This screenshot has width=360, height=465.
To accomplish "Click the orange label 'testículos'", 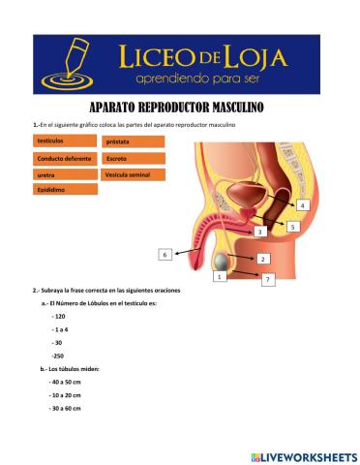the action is [65, 141].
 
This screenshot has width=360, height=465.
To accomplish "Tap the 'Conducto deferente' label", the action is [65, 158].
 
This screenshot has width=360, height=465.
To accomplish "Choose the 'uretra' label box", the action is [65, 174].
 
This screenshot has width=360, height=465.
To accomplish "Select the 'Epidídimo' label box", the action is [65, 190].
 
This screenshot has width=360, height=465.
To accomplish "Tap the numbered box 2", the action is [262, 259].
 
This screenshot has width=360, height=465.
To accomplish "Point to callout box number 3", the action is [258, 232].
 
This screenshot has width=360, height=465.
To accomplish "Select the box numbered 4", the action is [302, 206].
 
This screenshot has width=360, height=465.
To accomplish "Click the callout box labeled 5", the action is [292, 226].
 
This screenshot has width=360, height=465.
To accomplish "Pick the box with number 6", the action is [165, 254].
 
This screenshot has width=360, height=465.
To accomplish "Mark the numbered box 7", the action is [268, 279].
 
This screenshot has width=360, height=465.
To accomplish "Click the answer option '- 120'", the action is [59, 317].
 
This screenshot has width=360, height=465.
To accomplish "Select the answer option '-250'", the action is [58, 356].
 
